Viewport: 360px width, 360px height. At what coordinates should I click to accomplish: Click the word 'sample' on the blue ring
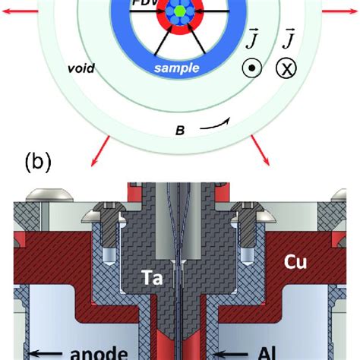click(176, 68)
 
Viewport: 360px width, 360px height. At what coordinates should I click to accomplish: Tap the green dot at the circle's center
click(178, 13)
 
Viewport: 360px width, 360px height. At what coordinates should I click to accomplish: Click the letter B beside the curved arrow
click(180, 131)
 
